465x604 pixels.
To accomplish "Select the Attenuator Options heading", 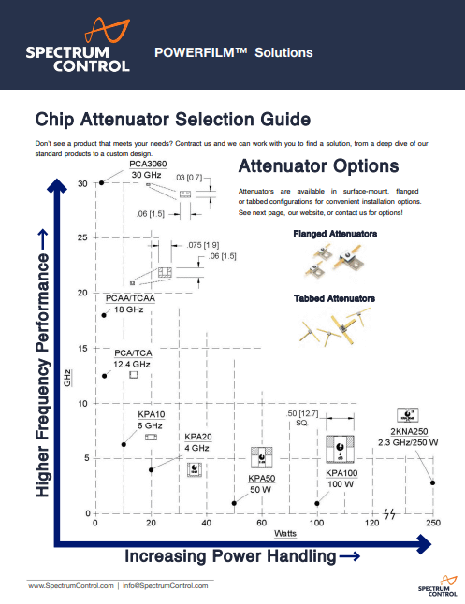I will click(319, 167).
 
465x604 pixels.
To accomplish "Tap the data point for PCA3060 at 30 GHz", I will click(101, 183).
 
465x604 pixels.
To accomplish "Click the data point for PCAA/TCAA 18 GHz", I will click(104, 315).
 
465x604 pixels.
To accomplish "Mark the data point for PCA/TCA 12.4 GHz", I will click(105, 376).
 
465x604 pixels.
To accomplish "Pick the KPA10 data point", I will click(124, 444).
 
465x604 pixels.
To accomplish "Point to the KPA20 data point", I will click(151, 469).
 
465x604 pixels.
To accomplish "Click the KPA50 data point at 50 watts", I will click(234, 503).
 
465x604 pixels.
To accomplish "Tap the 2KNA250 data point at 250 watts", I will click(432, 482).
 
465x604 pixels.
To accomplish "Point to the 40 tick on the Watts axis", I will click(206, 523).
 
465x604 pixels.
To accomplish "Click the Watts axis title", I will click(285, 534).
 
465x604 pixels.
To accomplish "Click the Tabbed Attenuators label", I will click(333, 298).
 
